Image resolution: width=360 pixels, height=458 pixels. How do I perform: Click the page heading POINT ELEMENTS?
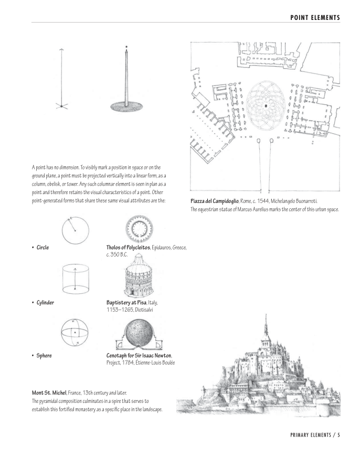coord(314,18)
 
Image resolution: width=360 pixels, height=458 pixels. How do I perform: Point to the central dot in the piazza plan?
coord(266,106)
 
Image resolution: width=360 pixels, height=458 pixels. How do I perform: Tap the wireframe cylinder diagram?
coord(75,279)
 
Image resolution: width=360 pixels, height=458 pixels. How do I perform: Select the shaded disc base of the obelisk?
coord(126,106)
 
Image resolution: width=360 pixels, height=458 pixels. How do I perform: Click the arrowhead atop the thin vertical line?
coord(61,50)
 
